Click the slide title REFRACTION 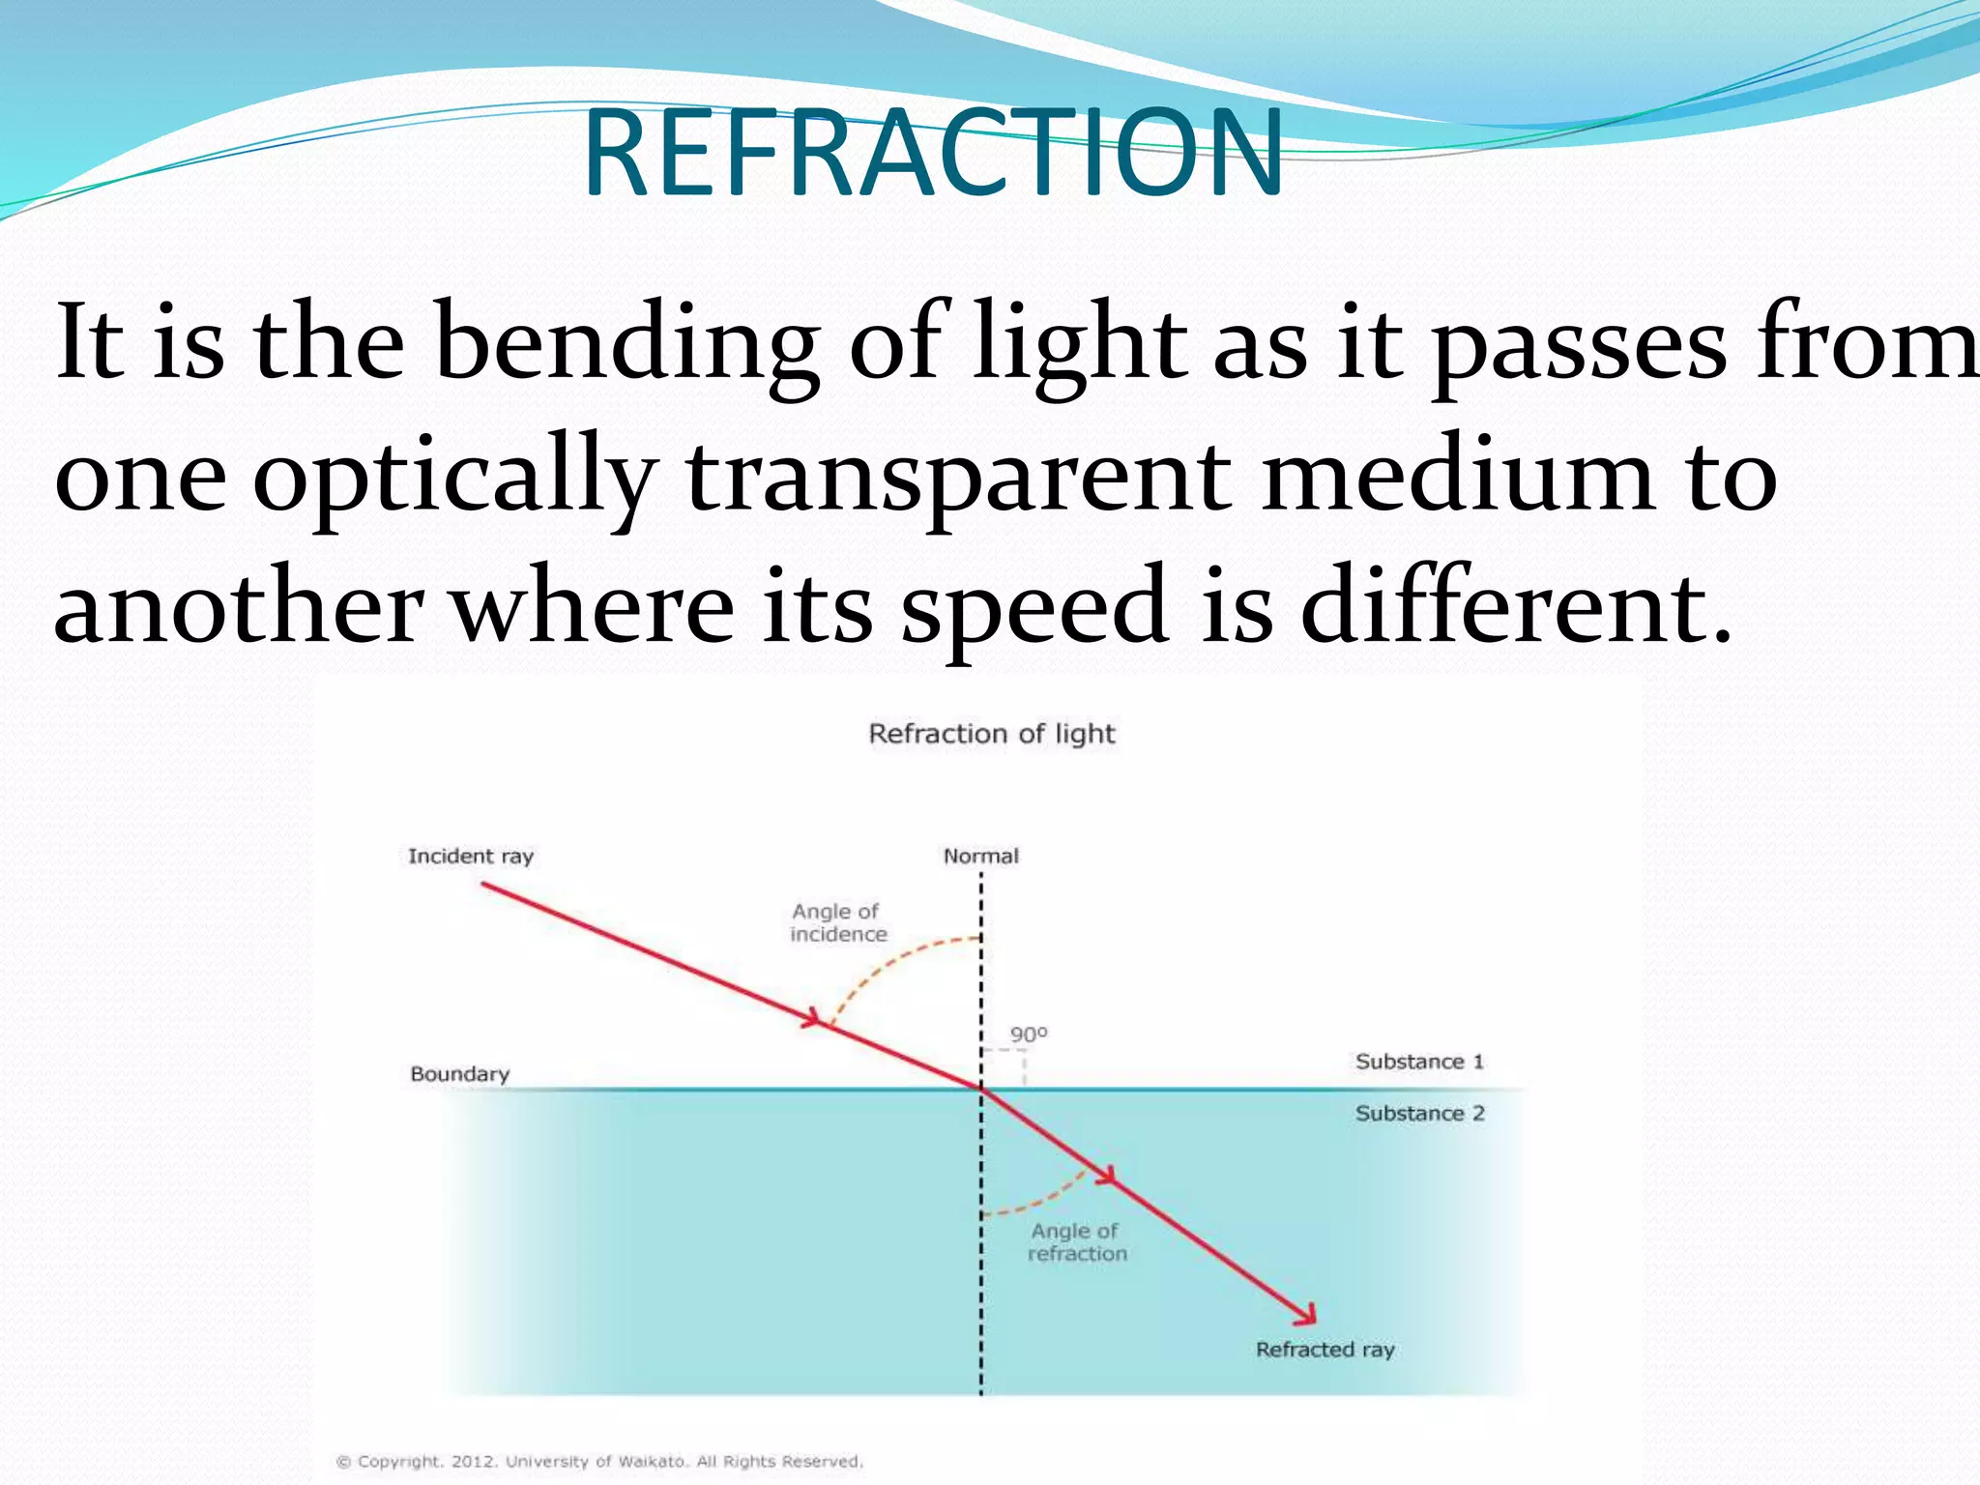click(933, 153)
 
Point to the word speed click(1034, 607)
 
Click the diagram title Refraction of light click(992, 734)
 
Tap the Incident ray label click(471, 856)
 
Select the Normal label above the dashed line click(980, 856)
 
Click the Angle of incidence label click(837, 922)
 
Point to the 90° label click(1028, 1034)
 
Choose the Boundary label click(459, 1074)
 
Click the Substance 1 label click(1419, 1062)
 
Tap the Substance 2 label click(1419, 1113)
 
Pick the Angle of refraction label click(1076, 1242)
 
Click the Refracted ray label click(1325, 1350)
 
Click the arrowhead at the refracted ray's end click(1308, 1316)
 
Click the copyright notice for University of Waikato click(599, 1461)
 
